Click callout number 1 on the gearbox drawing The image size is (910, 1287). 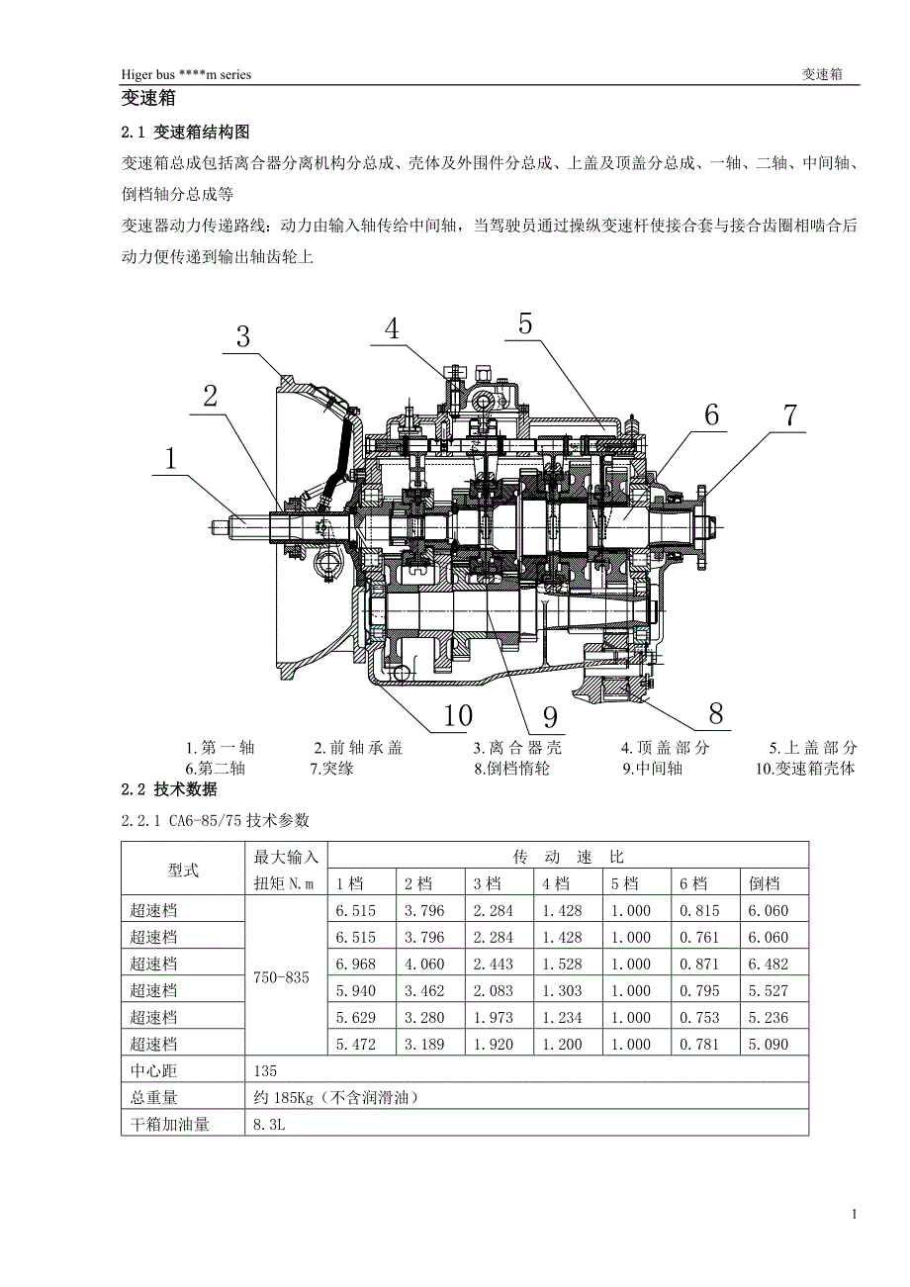coord(170,458)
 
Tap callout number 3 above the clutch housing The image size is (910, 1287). coord(242,336)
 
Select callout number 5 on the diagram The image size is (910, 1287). coord(524,322)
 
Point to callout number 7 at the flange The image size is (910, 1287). coord(789,414)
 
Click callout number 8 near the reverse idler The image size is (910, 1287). coord(715,712)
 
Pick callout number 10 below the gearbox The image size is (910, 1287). coord(457,714)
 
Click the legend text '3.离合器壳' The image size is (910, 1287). coord(516,748)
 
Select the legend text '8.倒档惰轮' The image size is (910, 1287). coord(511,769)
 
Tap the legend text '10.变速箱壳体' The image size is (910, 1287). coord(804,769)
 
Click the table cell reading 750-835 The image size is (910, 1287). coord(282,977)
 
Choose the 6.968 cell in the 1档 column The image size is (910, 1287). coord(355,964)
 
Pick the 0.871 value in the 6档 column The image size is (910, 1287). coord(699,964)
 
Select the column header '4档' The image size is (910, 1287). coord(556,883)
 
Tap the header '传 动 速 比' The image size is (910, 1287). coord(568,856)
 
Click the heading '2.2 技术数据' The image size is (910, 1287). coord(168,789)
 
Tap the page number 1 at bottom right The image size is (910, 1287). coord(855,1214)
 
